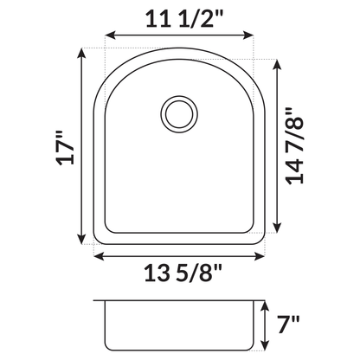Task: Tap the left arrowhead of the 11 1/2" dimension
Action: [107, 36]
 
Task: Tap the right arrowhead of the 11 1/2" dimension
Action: [255, 36]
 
